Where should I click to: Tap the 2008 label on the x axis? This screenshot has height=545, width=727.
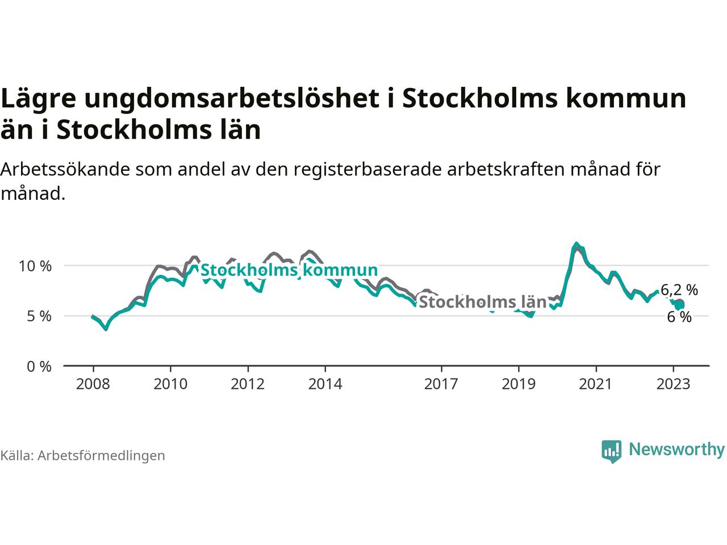(x=93, y=384)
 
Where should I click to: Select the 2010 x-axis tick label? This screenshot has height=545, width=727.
(x=170, y=384)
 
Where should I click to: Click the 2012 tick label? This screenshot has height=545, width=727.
(x=248, y=384)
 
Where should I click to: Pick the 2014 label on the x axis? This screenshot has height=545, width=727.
(x=325, y=384)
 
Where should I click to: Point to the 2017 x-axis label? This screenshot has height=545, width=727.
(x=441, y=384)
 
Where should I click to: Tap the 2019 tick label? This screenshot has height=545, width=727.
(x=518, y=384)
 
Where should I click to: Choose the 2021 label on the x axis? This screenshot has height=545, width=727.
(x=595, y=384)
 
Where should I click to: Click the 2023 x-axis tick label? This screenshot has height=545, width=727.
(x=673, y=384)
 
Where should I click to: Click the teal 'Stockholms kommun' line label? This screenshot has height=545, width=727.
(x=289, y=270)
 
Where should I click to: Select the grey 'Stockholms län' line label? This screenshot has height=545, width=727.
(x=482, y=302)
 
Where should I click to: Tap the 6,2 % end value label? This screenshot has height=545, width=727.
(x=679, y=290)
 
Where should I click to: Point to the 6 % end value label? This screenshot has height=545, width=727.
(x=679, y=317)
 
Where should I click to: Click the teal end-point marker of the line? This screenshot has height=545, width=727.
(x=680, y=305)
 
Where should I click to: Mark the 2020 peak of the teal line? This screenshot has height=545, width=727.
(x=576, y=244)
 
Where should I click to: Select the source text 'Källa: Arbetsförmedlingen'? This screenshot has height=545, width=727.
(x=83, y=455)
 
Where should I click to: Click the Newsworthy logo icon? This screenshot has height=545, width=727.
(x=612, y=451)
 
